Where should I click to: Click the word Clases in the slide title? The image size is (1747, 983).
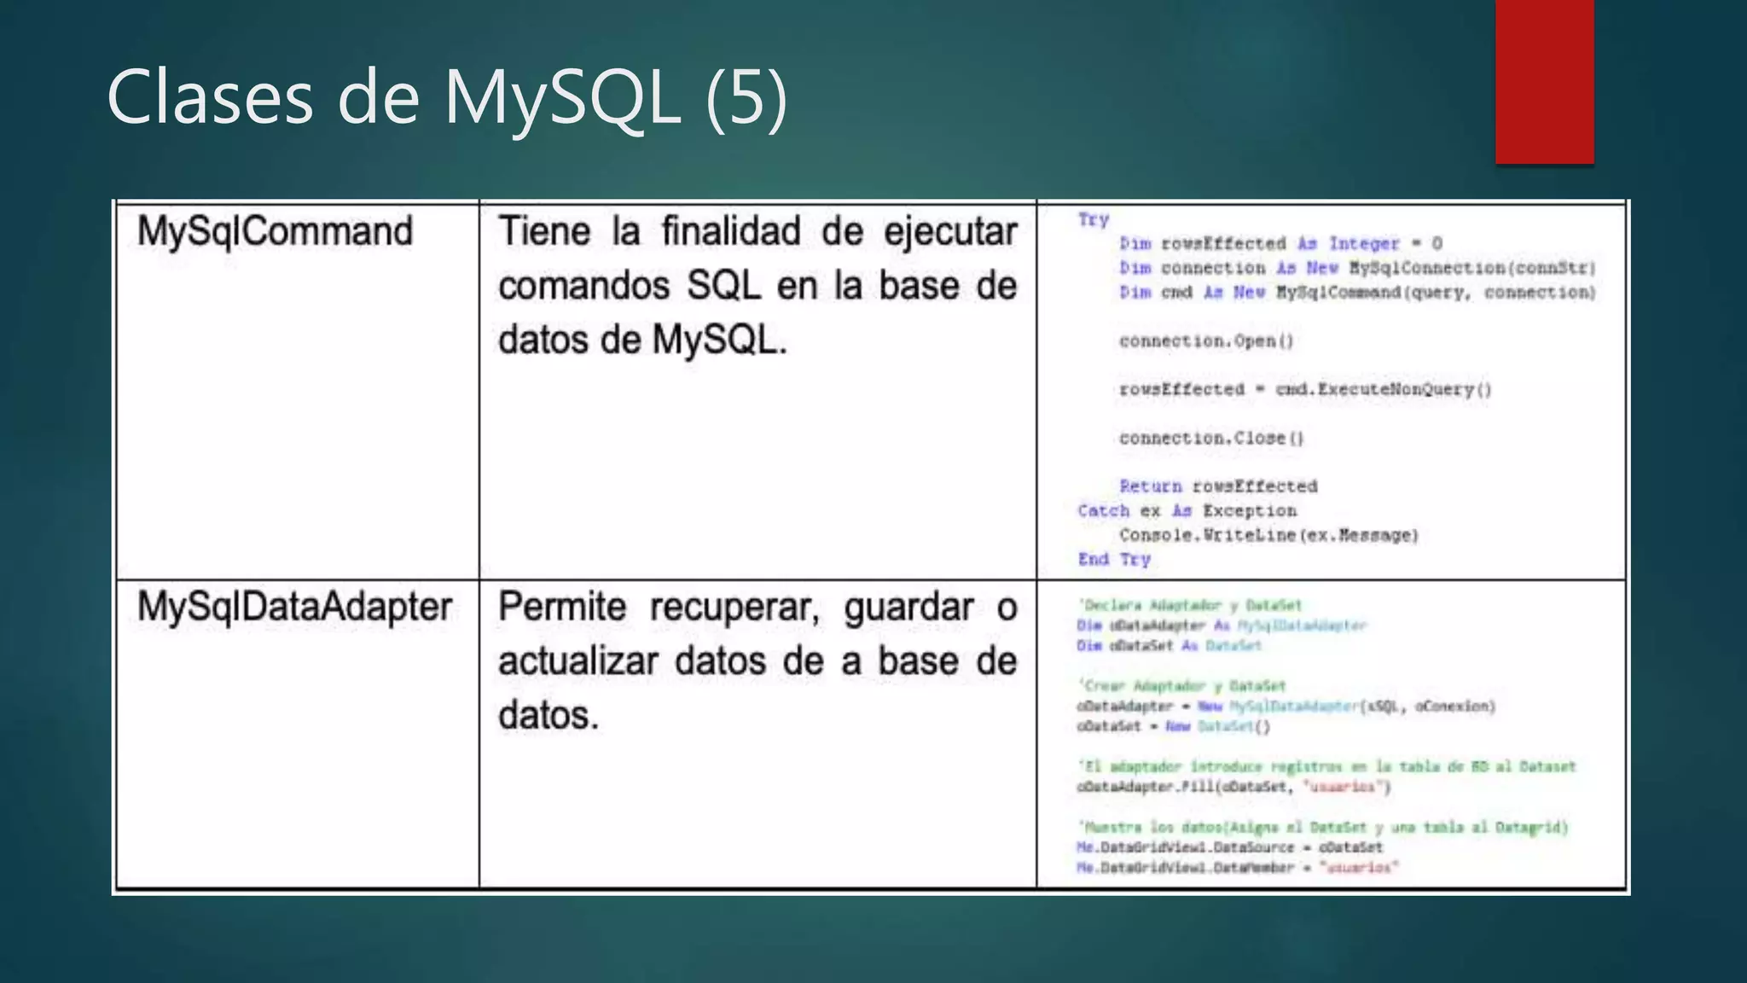pos(210,98)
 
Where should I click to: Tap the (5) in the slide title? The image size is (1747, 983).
pos(746,98)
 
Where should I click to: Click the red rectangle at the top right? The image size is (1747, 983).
pos(1544,82)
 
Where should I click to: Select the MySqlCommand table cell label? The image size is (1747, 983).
pos(275,231)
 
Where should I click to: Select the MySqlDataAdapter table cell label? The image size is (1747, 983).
pos(294,607)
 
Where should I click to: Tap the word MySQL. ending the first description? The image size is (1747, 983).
pos(719,340)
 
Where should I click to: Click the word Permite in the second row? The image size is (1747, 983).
pos(561,607)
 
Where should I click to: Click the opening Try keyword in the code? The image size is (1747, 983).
pos(1093,219)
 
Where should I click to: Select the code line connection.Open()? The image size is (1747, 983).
pos(1206,341)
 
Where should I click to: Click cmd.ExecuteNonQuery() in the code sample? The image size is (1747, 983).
pos(1383,390)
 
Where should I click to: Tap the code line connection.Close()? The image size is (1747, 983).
pos(1211,439)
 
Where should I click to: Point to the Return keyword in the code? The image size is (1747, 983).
pos(1150,486)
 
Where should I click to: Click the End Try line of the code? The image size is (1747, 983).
pos(1114,560)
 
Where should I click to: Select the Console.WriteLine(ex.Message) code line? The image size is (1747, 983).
pos(1268,536)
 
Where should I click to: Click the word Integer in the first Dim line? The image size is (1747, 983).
pos(1364,244)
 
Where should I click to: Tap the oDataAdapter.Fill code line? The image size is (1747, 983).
pos(1233,787)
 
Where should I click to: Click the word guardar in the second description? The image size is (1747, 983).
pos(908,607)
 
